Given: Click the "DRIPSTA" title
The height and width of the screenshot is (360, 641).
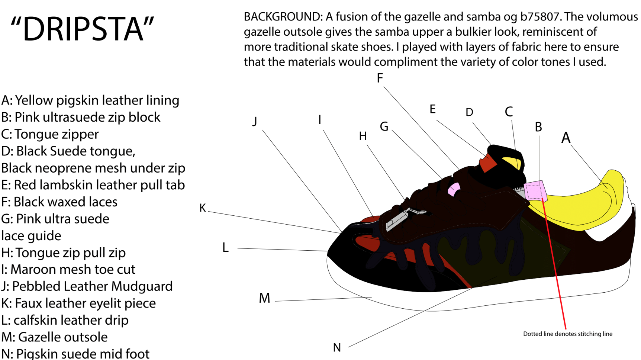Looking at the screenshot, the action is click(82, 29).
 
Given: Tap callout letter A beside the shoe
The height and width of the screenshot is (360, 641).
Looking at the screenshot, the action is click(566, 138).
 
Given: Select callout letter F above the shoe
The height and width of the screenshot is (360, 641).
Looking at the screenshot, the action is click(380, 78).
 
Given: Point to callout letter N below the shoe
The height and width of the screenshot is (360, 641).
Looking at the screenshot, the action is click(337, 348).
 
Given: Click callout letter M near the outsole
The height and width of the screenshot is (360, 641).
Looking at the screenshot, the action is click(264, 298).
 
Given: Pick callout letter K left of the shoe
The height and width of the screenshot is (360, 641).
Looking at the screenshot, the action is click(203, 208).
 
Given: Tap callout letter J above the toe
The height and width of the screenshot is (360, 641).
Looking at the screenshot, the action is click(255, 121).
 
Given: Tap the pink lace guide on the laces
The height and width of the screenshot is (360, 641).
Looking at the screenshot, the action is click(454, 189).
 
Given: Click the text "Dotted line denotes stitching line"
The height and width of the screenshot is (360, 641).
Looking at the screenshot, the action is click(567, 334).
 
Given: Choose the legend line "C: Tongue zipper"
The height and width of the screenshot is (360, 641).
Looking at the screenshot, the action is click(50, 134).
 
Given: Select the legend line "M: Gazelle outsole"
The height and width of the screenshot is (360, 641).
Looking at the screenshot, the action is click(55, 337).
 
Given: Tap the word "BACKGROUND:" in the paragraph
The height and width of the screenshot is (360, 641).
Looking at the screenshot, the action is click(283, 17).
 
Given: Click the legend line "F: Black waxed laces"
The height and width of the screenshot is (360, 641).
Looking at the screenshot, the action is click(59, 202).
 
